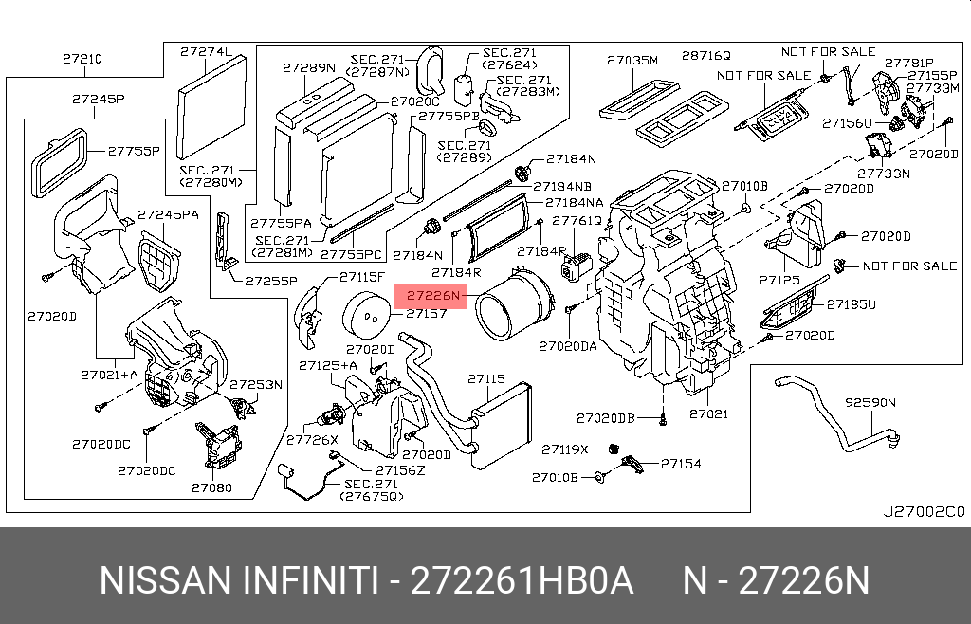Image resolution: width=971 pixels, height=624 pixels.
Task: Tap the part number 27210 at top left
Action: click(x=82, y=59)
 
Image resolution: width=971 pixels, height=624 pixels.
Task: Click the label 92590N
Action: click(x=870, y=401)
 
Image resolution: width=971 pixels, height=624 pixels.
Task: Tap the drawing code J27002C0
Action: click(x=923, y=511)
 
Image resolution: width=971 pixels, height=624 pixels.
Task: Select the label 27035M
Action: click(x=632, y=61)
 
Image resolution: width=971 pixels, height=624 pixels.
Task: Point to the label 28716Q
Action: click(x=706, y=57)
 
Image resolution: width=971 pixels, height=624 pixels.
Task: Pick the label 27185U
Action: click(x=851, y=304)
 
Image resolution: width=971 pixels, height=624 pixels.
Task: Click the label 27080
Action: click(x=211, y=487)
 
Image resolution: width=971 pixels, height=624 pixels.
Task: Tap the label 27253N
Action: click(x=256, y=384)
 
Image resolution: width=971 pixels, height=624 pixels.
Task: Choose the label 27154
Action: click(x=681, y=464)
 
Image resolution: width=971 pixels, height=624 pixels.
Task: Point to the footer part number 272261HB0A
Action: click(x=521, y=580)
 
